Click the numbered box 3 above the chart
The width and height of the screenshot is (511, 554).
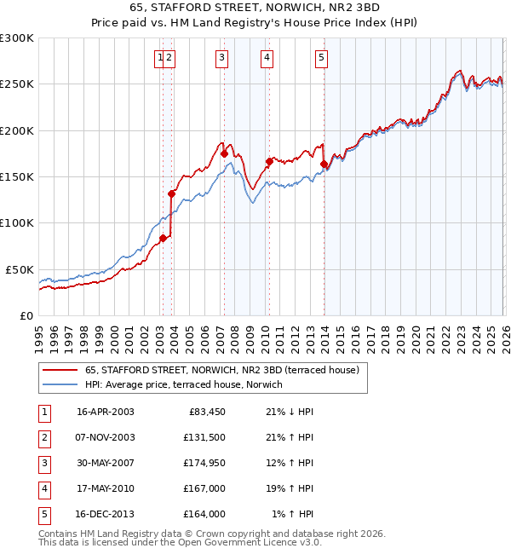[221, 58]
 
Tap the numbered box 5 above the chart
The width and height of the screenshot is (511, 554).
[321, 58]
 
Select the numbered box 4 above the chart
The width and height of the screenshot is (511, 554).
[267, 58]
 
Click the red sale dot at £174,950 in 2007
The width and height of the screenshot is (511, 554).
[224, 154]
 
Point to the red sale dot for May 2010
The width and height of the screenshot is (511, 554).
[268, 161]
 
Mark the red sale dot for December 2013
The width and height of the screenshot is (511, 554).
[323, 164]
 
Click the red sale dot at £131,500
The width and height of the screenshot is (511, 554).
[171, 193]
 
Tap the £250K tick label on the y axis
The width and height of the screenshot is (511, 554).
[17, 84]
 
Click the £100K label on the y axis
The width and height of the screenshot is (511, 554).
[17, 222]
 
